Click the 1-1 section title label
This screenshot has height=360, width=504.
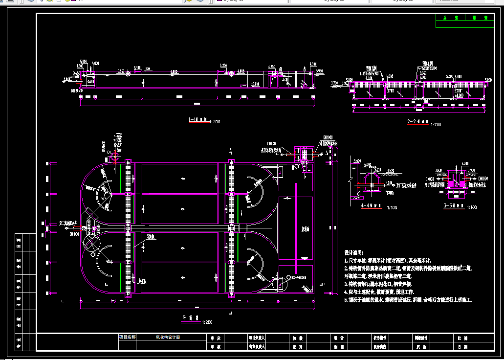(199, 119)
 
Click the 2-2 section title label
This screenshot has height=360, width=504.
(417, 120)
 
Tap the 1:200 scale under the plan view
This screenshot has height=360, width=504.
(206, 322)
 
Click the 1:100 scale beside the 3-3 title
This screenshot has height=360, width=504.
(472, 208)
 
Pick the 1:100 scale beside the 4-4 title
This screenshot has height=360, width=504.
(392, 207)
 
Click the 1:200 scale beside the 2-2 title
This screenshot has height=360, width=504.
(436, 125)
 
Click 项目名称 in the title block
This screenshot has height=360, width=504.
(127, 337)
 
